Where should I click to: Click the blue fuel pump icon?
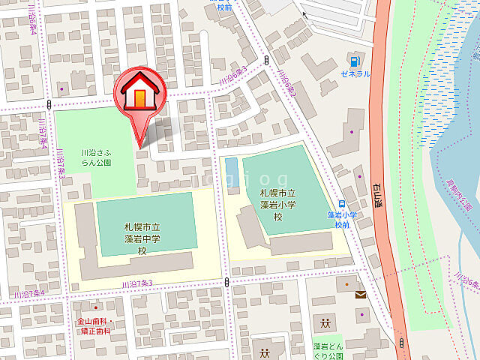(352, 60)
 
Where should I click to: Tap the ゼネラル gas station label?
(355, 74)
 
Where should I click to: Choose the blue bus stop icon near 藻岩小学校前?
(341, 204)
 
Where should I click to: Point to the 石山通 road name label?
(377, 194)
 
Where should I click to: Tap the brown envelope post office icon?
(361, 295)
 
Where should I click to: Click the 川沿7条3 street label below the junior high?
(137, 282)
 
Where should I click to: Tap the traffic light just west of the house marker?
(48, 104)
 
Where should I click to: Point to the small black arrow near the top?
(304, 13)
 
